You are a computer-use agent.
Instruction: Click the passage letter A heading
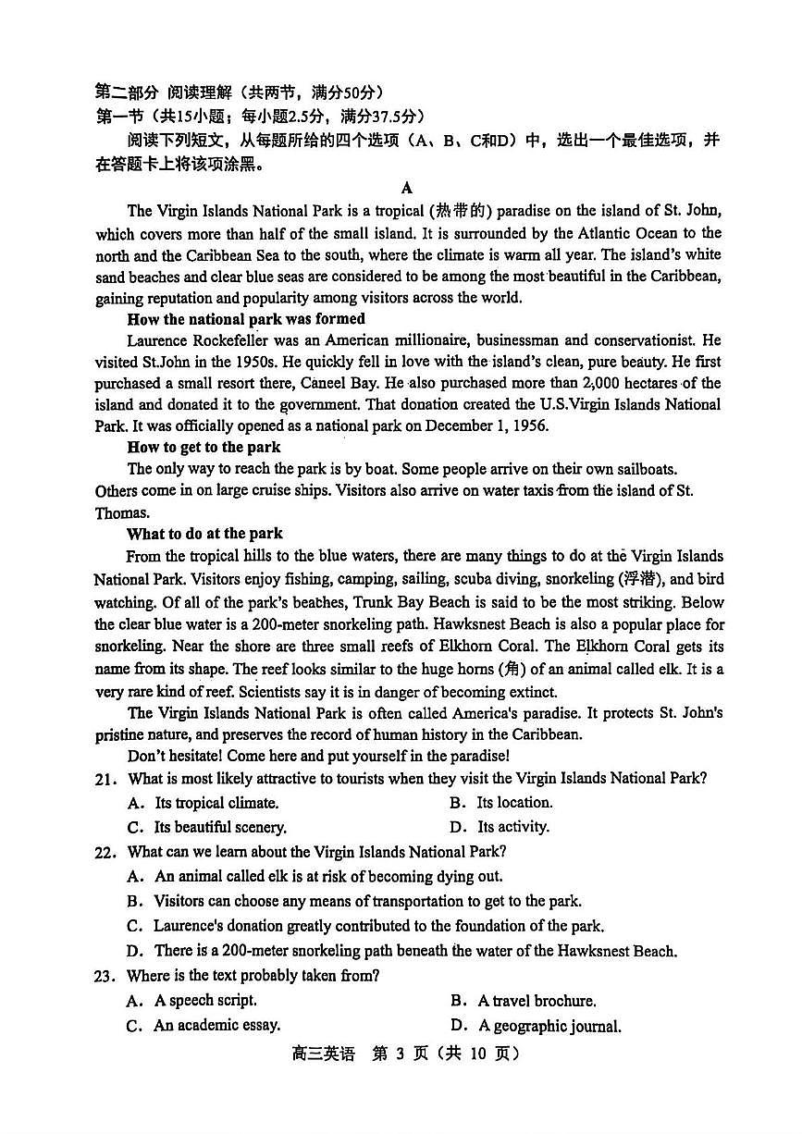407,188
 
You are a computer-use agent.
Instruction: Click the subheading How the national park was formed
245,319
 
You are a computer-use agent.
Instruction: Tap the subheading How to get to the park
204,447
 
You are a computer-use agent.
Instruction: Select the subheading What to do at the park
204,534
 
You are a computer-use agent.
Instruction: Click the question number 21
105,779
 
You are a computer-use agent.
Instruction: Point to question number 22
105,852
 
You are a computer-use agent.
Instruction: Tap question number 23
105,975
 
